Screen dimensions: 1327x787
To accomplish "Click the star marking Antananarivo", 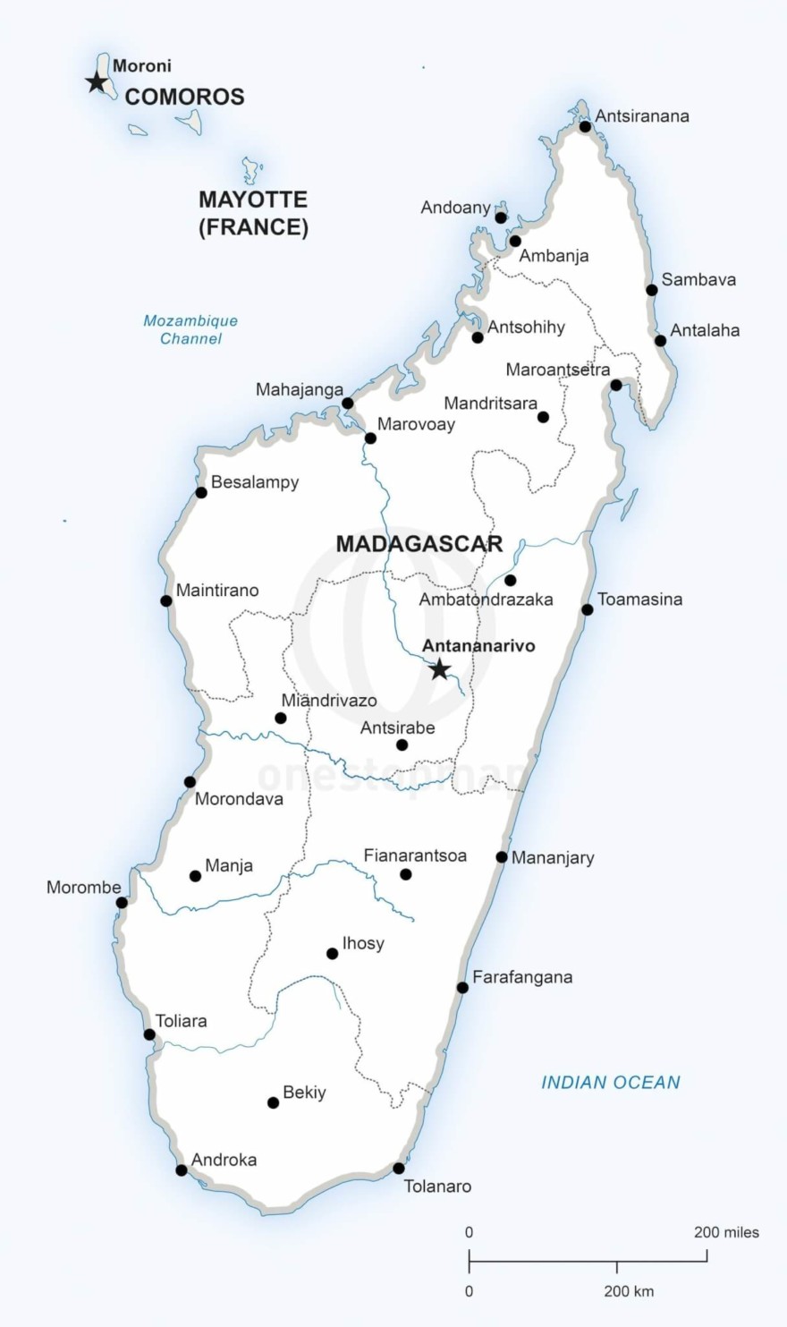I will point(439,668).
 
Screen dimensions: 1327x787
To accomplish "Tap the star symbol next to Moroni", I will point(96,82).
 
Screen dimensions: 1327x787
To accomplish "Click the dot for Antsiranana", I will point(585,126).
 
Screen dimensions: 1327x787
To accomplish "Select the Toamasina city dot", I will point(588,609).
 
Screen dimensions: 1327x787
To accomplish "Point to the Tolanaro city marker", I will point(399,1168).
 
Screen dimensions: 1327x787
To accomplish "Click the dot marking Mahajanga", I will point(348,404).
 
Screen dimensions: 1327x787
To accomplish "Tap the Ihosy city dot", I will point(333,953).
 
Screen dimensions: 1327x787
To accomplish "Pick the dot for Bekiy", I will point(274,1102).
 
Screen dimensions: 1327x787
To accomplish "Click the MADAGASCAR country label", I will point(419,544).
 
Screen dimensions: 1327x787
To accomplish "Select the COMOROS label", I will point(184,97).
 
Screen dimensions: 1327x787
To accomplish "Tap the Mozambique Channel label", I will point(190,329).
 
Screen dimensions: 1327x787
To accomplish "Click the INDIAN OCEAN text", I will point(611,1083).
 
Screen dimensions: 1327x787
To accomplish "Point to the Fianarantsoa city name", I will point(415,856).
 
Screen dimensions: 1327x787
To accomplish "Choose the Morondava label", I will point(239,799).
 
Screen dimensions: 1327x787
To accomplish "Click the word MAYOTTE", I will point(253,200).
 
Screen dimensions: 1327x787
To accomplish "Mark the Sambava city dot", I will point(652,289).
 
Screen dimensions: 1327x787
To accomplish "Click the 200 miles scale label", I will point(726,1232).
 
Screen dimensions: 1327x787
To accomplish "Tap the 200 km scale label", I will point(629,1291).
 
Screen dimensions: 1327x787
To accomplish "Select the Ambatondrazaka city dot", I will point(510,580).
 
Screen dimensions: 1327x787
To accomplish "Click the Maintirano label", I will point(217,591).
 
